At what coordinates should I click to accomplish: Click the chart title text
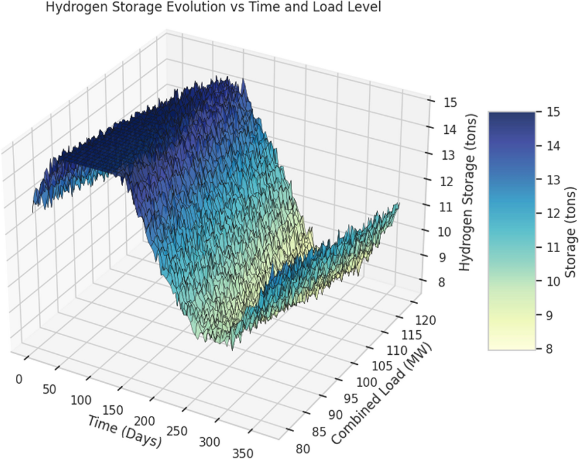coord(213,7)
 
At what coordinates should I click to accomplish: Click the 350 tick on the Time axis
coord(243,453)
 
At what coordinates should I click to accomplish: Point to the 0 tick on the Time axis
coord(19,379)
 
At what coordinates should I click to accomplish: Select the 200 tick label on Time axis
coord(145,421)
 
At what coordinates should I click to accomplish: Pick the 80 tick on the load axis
coord(303,449)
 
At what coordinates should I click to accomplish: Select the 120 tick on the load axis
coord(425,320)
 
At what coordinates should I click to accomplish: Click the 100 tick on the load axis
coord(366,382)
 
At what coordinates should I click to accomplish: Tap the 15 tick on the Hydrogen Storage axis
coord(450,103)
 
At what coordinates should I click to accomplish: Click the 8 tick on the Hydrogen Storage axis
coord(441,282)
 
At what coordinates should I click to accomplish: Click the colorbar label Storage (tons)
coord(570,232)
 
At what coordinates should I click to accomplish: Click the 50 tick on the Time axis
coord(49,389)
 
